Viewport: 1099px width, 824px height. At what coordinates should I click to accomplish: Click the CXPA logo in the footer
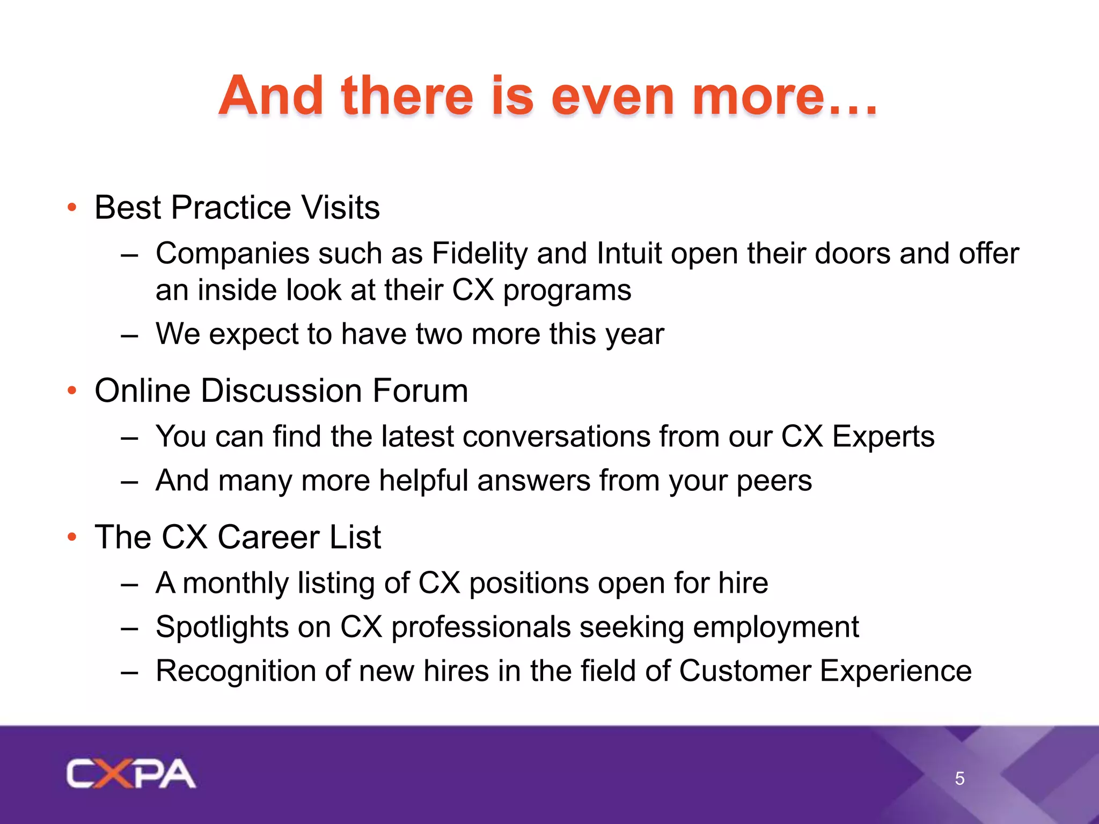131,774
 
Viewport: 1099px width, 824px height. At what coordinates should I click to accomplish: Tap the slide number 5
959,778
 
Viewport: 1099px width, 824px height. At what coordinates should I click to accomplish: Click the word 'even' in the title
612,96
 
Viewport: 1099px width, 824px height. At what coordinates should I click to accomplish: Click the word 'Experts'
883,437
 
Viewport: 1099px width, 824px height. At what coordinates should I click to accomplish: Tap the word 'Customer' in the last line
744,671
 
